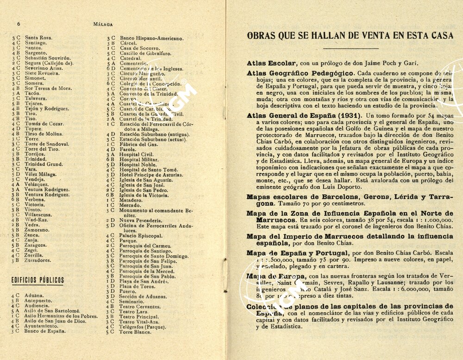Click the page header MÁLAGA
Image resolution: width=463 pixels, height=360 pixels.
coord(103,24)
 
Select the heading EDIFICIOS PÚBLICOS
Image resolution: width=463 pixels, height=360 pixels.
coord(38,280)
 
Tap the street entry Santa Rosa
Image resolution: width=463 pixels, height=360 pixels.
coord(38,38)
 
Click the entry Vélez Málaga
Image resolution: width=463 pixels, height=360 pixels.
coord(41,174)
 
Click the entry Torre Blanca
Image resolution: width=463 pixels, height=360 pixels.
coord(135,332)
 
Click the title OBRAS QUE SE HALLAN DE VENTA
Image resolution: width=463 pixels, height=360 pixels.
coord(350,36)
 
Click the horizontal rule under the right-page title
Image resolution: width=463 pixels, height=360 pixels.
coord(350,48)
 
